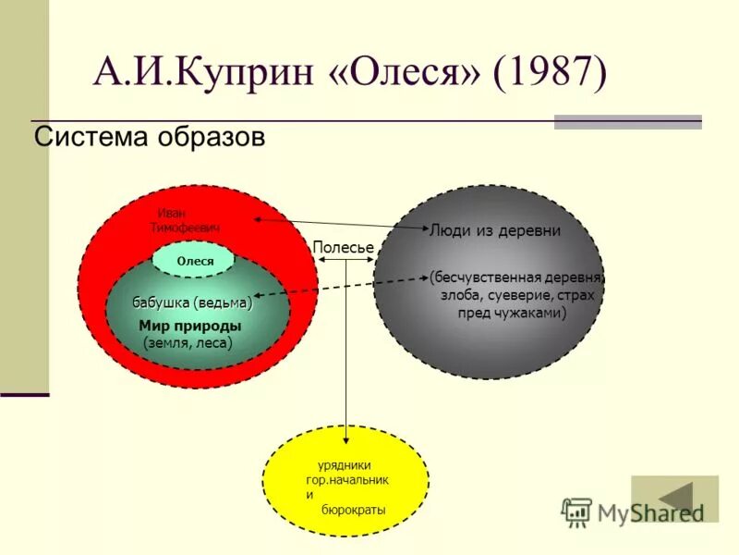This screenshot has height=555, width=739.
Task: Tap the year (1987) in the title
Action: pos(551,73)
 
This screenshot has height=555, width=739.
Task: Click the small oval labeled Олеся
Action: pos(195,261)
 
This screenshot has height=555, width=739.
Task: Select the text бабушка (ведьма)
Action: pos(192,302)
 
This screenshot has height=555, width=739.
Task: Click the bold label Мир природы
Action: pos(190,326)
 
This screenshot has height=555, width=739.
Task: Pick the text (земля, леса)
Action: pos(188,342)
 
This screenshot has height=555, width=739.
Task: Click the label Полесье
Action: pos(343,248)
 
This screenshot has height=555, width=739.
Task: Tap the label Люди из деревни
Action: pos(495,231)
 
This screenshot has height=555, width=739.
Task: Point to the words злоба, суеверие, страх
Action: pos(517,295)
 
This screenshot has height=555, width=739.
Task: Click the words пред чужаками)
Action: pos(512,313)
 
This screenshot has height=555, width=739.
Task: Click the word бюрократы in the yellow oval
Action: pos(353,510)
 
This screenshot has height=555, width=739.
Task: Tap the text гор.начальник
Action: pos(347,480)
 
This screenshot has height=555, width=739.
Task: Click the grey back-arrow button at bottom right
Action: pos(674,499)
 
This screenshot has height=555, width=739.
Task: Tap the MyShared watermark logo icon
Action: pos(576,512)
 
